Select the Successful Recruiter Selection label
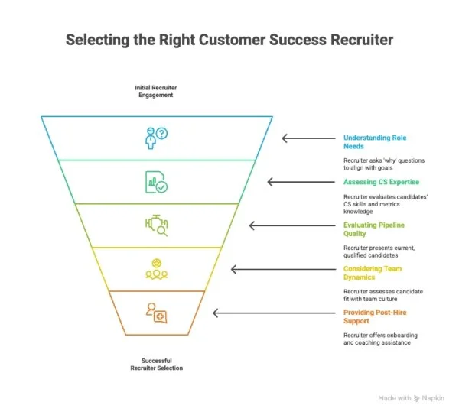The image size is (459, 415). [156, 364]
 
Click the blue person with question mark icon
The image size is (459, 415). [156, 138]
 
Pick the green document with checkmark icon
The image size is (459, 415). [156, 182]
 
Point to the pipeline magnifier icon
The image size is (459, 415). [156, 225]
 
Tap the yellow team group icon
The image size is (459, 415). [156, 269]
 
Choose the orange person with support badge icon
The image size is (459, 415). [156, 313]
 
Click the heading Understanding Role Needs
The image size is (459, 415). [374, 142]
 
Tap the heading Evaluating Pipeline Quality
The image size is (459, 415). [374, 229]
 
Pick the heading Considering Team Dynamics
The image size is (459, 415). [372, 273]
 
